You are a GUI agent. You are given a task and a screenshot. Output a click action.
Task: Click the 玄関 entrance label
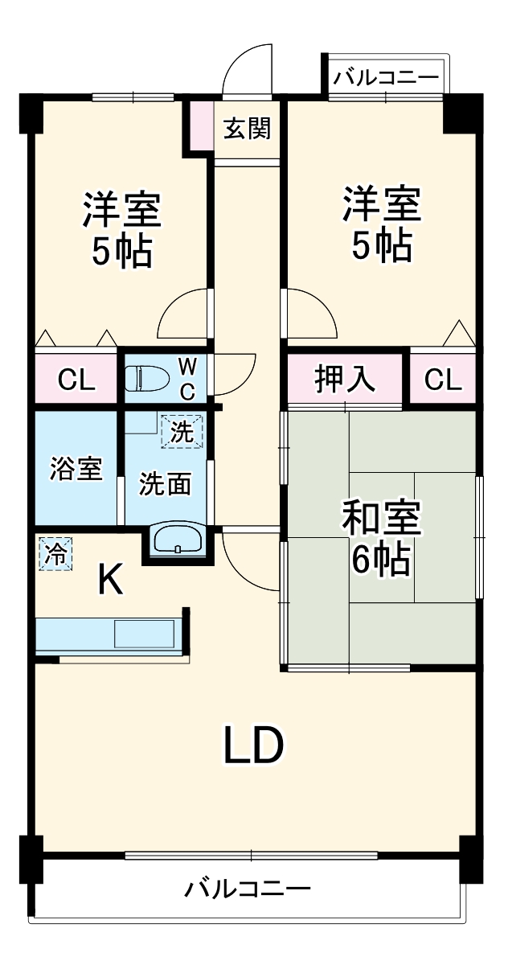(x=246, y=129)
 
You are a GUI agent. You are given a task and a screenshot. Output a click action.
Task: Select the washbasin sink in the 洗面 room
(x=178, y=538)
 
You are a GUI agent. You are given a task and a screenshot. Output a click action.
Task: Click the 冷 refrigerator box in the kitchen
(x=55, y=554)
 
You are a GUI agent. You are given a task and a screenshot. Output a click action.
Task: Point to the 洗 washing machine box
(x=182, y=432)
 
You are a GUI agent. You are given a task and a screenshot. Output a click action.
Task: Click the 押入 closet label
(x=344, y=379)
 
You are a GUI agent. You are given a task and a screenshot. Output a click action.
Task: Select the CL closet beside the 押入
(x=443, y=379)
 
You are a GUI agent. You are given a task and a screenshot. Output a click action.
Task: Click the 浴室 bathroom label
(x=76, y=469)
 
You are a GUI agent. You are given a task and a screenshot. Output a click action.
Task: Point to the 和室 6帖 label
(x=381, y=538)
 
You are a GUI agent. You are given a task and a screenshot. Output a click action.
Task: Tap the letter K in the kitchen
(x=110, y=580)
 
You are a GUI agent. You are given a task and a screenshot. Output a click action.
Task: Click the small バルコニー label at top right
(x=386, y=78)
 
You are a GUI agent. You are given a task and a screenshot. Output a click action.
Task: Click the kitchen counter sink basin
(x=144, y=634)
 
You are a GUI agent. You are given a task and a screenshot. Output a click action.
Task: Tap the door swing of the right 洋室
(x=312, y=314)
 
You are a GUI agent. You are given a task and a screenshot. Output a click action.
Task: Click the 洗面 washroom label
(x=165, y=484)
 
